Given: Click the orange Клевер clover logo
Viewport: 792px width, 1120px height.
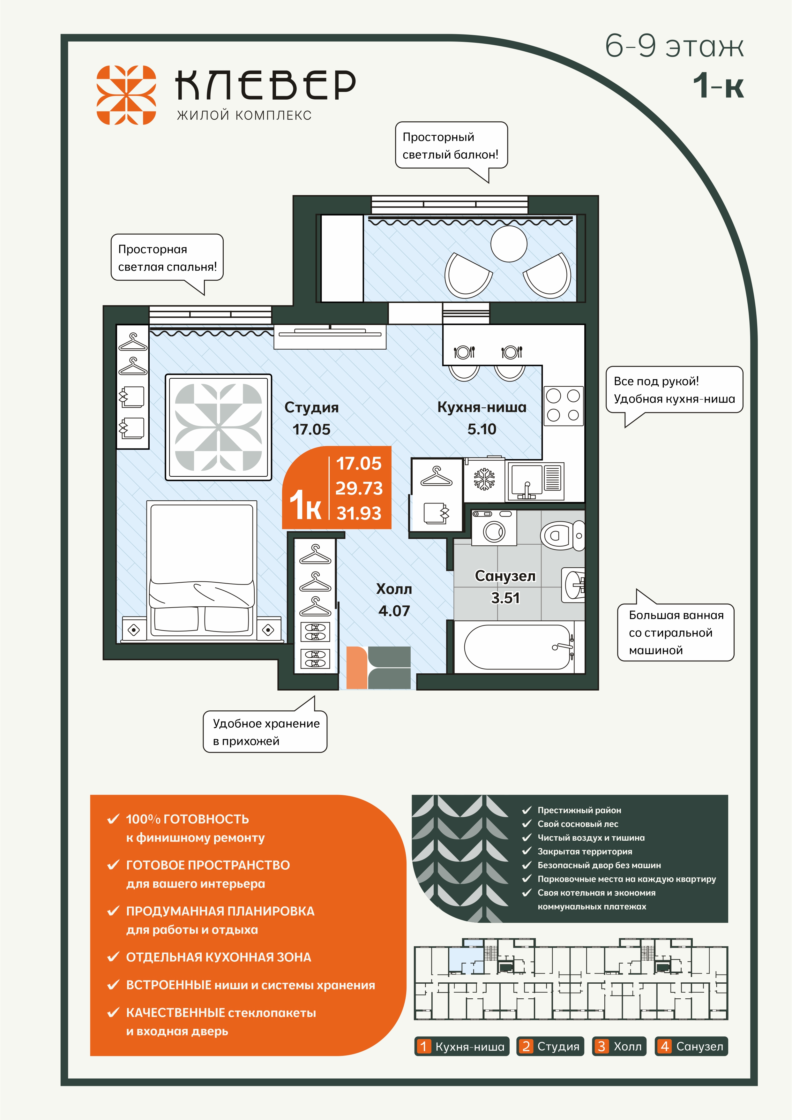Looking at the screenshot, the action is click(x=126, y=95).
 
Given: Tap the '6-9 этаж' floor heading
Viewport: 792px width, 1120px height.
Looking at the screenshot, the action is click(x=675, y=46).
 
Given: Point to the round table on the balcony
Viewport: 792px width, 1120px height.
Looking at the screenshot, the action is click(x=509, y=243).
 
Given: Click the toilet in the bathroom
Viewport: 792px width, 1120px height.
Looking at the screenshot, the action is click(x=562, y=535).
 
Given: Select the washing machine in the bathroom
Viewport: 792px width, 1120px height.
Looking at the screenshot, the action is click(x=494, y=527).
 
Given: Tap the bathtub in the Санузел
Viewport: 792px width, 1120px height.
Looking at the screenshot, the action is click(x=519, y=647).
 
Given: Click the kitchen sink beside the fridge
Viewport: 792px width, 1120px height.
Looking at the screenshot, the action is click(x=535, y=481).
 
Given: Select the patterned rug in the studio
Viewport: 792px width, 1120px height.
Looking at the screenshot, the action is click(x=219, y=427).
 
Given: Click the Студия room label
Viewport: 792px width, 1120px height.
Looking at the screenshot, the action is click(x=311, y=407).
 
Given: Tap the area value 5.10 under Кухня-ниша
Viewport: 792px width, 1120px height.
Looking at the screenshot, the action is click(x=482, y=429).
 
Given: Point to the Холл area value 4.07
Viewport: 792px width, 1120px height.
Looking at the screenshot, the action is click(x=394, y=611).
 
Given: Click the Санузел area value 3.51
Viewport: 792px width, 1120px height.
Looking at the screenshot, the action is click(x=505, y=598).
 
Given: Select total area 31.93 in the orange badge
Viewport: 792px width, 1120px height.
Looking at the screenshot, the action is click(x=359, y=513).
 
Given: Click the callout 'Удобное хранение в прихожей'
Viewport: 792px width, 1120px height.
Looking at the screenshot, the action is click(x=265, y=732).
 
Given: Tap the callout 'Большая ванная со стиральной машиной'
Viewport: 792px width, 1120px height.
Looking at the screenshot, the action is click(x=676, y=632).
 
